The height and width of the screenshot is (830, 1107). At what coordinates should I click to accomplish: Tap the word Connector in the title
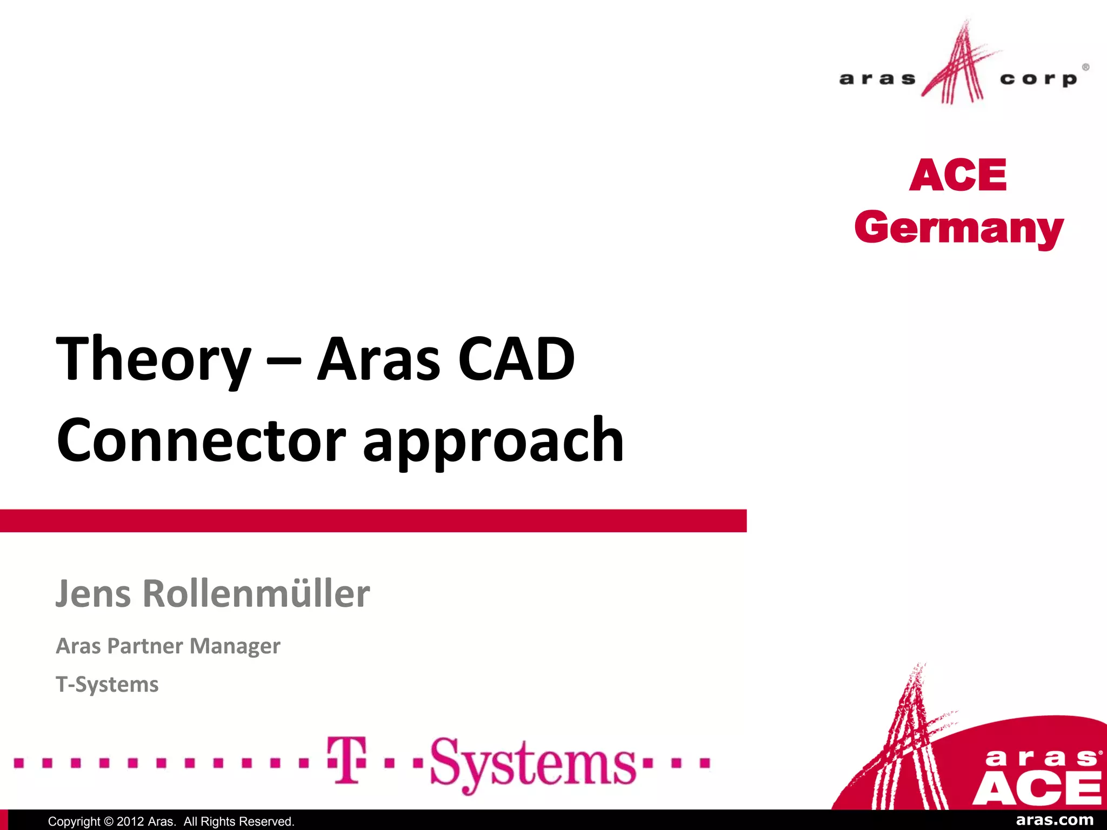click(201, 440)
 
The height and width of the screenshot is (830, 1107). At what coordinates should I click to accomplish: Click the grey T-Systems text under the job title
click(107, 684)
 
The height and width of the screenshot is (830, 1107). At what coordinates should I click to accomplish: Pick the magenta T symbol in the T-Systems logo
click(346, 760)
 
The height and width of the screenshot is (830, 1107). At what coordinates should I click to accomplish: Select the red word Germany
click(959, 229)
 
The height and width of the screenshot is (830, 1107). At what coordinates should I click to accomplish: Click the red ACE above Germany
click(958, 176)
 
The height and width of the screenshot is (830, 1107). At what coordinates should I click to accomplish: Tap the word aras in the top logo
click(877, 79)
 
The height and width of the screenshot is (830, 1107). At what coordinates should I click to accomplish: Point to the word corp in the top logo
click(1038, 79)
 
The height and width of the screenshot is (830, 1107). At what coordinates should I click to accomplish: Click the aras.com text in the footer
click(1055, 820)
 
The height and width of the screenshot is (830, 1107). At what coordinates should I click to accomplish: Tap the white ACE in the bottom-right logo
click(1037, 788)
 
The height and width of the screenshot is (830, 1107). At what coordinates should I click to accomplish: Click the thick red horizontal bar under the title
click(373, 521)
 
